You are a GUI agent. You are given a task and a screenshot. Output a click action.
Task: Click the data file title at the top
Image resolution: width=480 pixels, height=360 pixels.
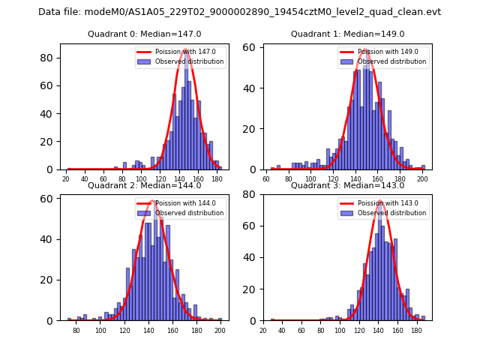coord(240,12)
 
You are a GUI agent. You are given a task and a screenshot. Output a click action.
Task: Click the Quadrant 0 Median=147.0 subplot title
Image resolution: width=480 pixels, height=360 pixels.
coord(145,34)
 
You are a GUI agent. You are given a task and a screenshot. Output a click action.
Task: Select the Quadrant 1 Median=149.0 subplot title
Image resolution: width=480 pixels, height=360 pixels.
coord(347,34)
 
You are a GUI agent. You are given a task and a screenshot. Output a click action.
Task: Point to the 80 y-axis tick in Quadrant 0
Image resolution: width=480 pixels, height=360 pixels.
coord(46,58)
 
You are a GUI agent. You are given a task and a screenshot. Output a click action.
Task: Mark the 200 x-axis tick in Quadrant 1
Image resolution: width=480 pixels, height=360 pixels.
coord(422,178)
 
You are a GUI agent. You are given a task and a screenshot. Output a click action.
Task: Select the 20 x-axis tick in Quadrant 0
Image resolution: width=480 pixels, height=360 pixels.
coord(66,178)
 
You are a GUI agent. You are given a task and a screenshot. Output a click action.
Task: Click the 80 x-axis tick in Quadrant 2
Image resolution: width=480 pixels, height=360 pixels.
coord(76,330)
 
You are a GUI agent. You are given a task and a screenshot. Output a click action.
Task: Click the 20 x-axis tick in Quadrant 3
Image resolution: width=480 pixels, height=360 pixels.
coord(262,330)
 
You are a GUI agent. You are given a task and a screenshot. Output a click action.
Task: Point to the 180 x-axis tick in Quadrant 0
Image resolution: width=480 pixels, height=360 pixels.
coord(217,178)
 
